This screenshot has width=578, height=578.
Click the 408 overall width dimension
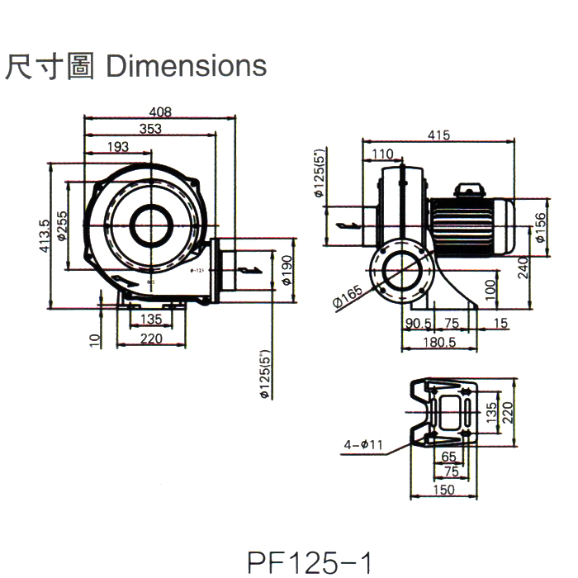(161, 112)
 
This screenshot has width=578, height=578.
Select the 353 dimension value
(150, 129)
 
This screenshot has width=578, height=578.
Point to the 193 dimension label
(119, 146)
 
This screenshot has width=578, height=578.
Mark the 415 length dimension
(439, 135)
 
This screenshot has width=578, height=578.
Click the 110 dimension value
(382, 154)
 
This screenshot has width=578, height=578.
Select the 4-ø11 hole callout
(363, 445)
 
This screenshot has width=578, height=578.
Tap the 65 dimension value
(449, 456)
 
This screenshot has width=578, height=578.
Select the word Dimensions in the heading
(187, 66)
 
